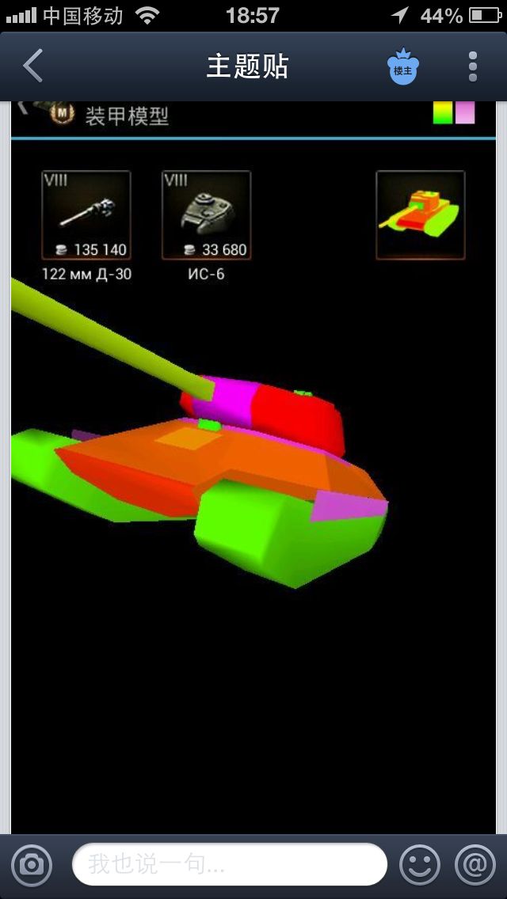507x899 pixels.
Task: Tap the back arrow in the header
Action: [32, 66]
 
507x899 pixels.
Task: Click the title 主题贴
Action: [247, 66]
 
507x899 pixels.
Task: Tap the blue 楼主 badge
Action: [403, 66]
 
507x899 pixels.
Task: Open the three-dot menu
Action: [473, 66]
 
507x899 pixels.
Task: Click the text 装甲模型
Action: [127, 116]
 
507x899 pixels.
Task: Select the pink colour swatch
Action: [465, 112]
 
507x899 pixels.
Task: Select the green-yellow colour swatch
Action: [443, 112]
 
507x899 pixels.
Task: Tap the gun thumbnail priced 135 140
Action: [86, 215]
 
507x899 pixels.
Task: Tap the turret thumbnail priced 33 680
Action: [207, 215]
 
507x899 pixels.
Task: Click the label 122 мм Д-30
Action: [86, 275]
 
